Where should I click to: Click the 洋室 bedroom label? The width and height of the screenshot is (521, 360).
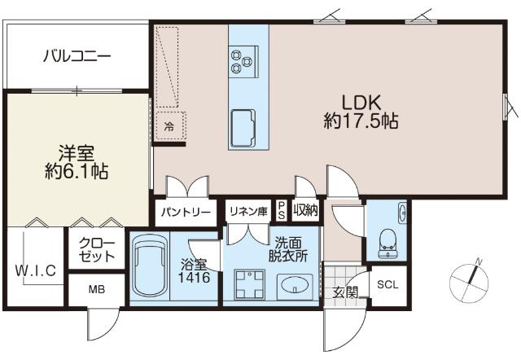point(78,152)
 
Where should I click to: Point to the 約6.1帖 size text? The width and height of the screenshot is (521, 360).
point(78,172)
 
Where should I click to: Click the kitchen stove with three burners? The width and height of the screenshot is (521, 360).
point(243,57)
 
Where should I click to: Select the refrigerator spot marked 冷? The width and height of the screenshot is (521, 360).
point(169,125)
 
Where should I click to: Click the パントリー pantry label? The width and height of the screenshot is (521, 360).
point(186,213)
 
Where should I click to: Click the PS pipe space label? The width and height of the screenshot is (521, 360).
point(282,210)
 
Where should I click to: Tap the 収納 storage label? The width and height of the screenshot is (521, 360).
point(306,212)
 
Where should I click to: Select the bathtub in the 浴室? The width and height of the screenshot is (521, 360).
point(147,266)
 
